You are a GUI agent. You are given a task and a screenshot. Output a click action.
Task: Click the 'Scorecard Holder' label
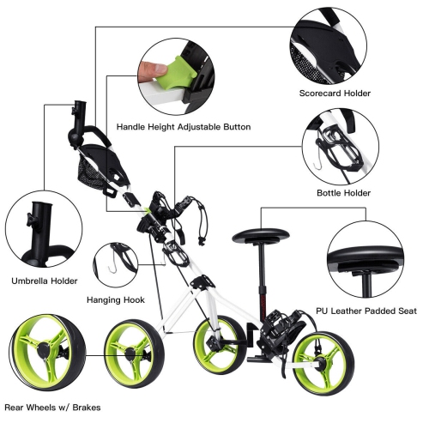tap(335, 93)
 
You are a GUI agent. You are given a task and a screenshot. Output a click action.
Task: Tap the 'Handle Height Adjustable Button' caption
tap(183, 126)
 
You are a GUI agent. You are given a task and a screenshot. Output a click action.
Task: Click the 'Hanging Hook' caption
tap(115, 300)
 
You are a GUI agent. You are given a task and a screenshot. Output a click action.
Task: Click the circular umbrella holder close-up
tap(43, 229)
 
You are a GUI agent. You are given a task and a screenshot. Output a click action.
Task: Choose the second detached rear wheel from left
tap(134, 353)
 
